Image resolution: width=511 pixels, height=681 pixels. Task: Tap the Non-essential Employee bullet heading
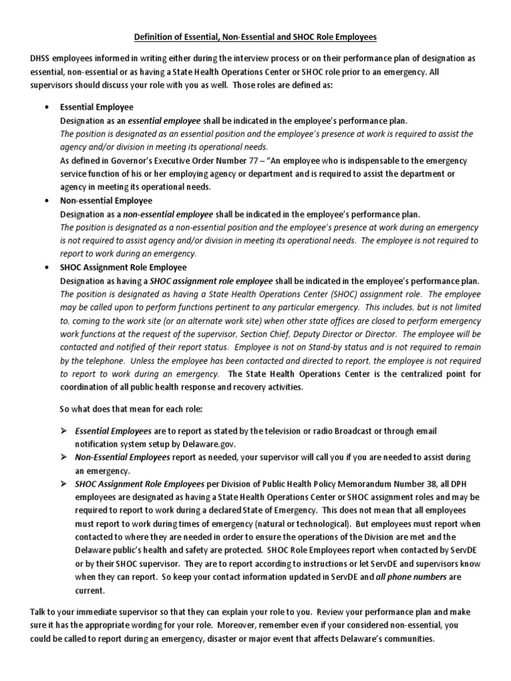tap(106, 200)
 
